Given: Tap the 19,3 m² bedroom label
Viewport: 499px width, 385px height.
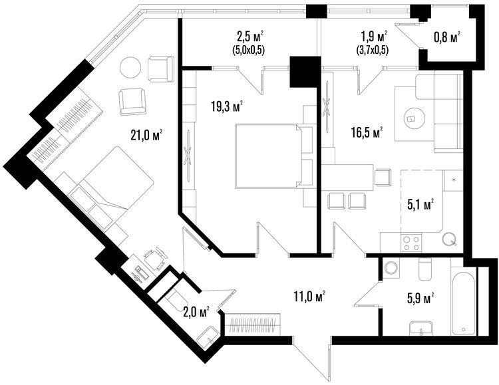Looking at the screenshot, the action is tap(228, 106).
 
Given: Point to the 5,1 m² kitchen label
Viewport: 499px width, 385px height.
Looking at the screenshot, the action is tap(421, 205).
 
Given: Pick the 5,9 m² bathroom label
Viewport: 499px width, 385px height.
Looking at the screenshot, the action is tap(421, 299).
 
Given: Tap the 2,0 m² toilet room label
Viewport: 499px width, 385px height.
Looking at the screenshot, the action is tap(196, 312).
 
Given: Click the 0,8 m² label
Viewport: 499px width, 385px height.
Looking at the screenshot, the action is tap(447, 37).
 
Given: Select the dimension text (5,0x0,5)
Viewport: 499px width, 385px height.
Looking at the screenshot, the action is tap(249, 50).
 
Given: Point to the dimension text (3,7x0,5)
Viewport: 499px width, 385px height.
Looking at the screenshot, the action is tap(372, 50).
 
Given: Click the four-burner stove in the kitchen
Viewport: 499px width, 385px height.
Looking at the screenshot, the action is tap(411, 243).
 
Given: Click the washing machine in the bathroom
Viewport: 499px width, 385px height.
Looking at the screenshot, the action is tap(391, 268).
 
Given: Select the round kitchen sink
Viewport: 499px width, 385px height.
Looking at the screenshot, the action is tap(450, 238).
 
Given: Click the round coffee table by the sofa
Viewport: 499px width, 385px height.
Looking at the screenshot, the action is tap(414, 118).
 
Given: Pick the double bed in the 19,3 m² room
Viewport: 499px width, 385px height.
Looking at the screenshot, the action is tap(269, 156).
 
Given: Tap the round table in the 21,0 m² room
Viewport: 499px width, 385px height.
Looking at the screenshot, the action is tap(130, 67).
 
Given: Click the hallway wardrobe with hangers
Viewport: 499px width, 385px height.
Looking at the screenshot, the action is tap(253, 324).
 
